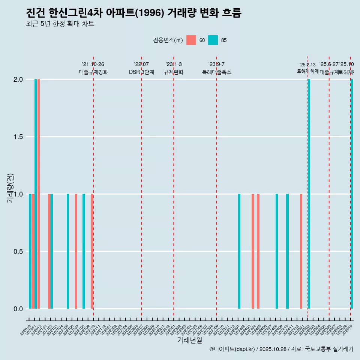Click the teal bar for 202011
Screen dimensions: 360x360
36,194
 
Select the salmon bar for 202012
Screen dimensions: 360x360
39,194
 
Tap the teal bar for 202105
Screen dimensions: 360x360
68,251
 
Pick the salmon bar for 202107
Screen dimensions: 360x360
76,251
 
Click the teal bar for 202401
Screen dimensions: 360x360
239,251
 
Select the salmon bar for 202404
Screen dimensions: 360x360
253,251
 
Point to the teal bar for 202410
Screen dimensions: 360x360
287,251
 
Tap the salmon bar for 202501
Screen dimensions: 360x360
301,251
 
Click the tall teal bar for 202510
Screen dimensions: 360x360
352,194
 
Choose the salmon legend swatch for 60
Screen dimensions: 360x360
191,40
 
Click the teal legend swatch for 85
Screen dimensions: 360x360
213,40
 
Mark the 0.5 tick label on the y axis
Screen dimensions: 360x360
18,252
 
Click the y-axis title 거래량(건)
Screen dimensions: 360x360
10,187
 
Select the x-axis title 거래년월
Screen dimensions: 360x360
190,340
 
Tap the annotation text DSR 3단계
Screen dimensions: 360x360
141,72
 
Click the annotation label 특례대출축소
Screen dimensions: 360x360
216,72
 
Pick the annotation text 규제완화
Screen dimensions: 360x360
173,72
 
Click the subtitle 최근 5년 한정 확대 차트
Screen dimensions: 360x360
60,24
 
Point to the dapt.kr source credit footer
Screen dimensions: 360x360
281,349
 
